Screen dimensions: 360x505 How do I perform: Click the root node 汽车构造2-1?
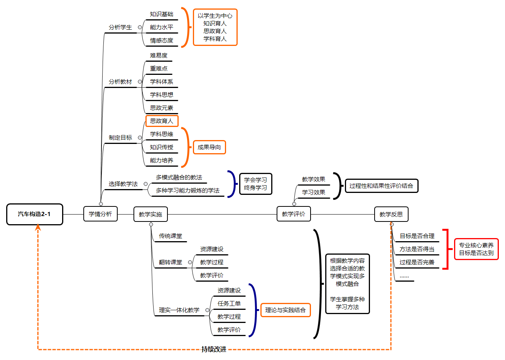[x=34, y=214]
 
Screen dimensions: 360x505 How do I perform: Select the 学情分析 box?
[x=100, y=214]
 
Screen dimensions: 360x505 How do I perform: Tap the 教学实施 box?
[x=150, y=214]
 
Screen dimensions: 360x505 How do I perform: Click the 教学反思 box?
[x=391, y=214]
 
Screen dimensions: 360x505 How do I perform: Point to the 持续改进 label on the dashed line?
[x=214, y=349]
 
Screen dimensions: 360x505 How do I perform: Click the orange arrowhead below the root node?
[x=38, y=228]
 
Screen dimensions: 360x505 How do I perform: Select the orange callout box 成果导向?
[x=209, y=147]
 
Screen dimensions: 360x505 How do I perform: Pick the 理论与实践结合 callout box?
[x=285, y=310]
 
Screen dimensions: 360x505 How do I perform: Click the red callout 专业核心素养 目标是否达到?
[x=476, y=249]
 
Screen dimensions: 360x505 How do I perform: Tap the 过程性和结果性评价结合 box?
[x=381, y=186]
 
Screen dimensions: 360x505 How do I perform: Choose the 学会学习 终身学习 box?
[x=255, y=184]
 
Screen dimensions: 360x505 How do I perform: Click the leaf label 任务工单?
[x=229, y=304]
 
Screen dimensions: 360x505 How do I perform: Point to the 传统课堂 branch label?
[x=171, y=236]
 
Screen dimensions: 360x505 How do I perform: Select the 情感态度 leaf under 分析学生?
[x=162, y=41]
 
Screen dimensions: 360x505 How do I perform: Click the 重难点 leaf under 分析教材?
[x=159, y=69]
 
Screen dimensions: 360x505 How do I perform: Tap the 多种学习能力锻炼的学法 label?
[x=187, y=191]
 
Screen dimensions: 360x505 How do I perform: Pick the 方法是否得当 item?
[x=417, y=249]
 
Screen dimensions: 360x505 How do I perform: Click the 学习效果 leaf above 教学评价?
[x=313, y=193]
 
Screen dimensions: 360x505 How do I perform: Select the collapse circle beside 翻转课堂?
[x=190, y=262]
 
